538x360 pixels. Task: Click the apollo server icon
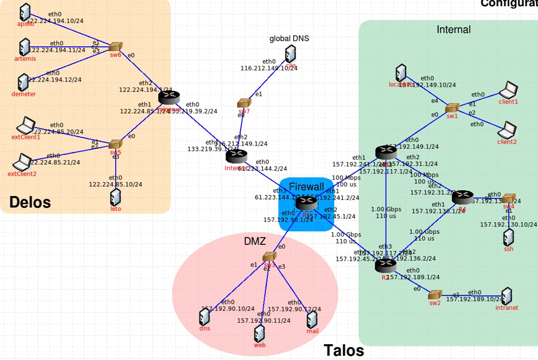click(24, 12)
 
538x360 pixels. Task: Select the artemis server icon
click(24, 47)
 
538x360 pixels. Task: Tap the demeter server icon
click(23, 82)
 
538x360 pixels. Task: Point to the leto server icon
click(116, 198)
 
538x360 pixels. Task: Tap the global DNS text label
click(289, 38)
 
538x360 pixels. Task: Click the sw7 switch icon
click(244, 104)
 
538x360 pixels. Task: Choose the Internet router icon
click(236, 156)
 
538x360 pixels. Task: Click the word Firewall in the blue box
click(306, 187)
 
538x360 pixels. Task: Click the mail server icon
click(313, 320)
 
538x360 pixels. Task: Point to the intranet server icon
click(506, 296)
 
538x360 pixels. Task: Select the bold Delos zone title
click(30, 202)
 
